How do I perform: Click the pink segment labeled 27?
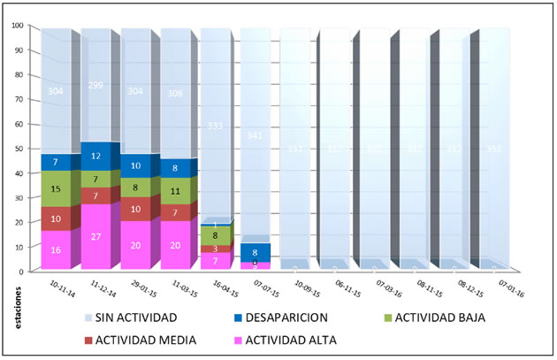tap(96, 236)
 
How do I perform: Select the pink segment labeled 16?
tap(55, 250)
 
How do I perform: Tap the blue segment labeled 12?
tap(96, 157)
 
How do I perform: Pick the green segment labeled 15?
tap(55, 189)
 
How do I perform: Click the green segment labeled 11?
tap(175, 190)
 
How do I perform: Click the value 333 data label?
tap(214, 126)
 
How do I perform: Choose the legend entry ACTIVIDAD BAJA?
tap(438, 317)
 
